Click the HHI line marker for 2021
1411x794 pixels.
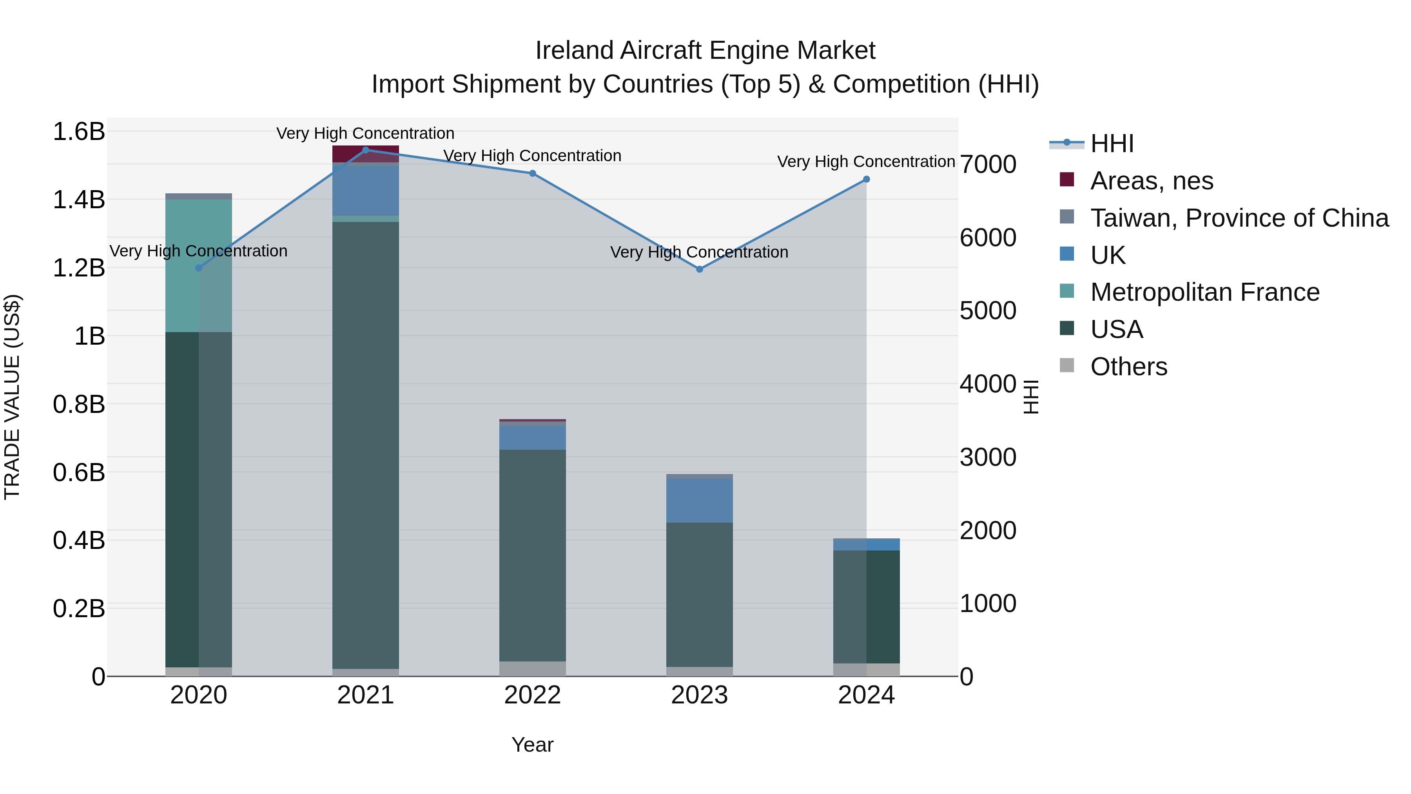tap(365, 150)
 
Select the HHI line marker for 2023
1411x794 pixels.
tap(700, 269)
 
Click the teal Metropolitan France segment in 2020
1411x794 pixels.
tap(198, 266)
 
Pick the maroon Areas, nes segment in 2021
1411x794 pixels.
tap(365, 153)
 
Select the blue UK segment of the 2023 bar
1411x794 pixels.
tap(700, 500)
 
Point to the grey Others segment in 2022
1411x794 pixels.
tap(532, 669)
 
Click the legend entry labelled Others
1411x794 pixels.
tap(1128, 367)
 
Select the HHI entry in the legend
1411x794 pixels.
tap(1112, 144)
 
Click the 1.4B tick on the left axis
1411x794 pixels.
tap(79, 200)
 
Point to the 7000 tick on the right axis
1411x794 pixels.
tap(988, 164)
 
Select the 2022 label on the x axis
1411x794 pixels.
tap(532, 695)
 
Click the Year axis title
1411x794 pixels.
tap(532, 745)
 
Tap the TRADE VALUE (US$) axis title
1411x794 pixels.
tap(12, 397)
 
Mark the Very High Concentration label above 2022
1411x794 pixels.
tap(532, 156)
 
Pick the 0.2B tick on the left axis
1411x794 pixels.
tap(79, 608)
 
